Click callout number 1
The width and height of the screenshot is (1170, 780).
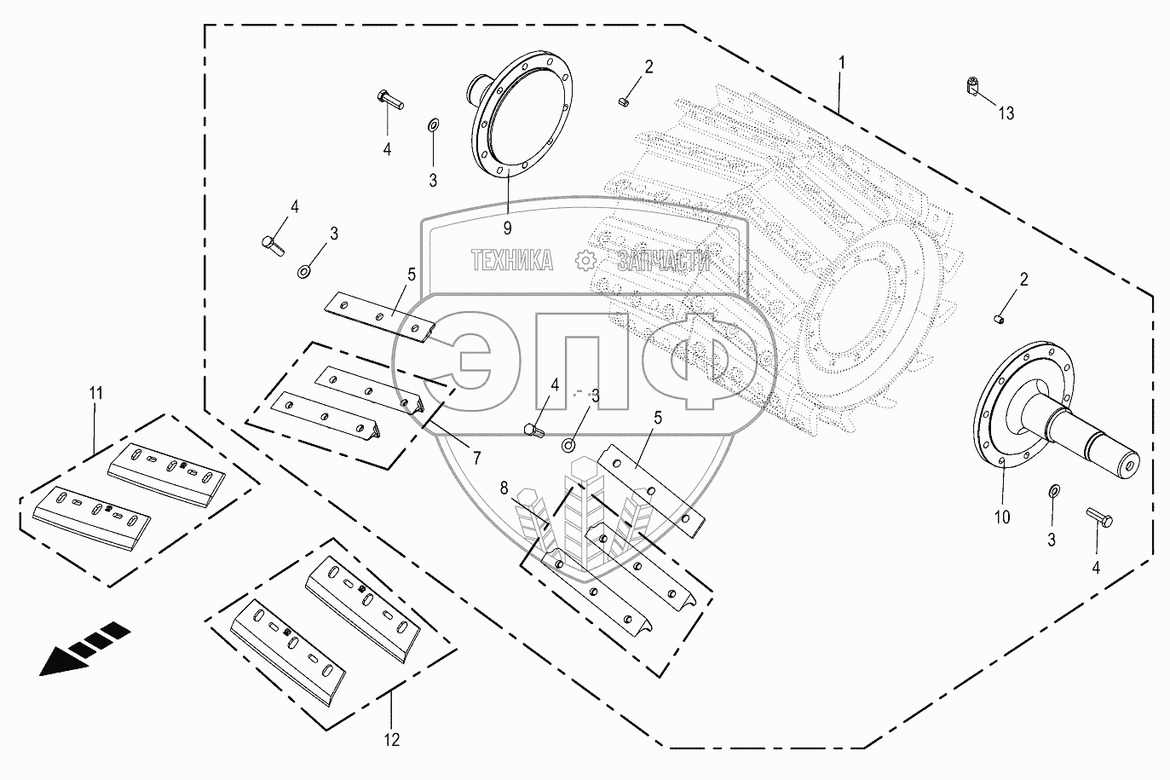842,62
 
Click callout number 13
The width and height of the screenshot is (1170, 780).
1006,113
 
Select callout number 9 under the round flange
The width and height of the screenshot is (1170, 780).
508,228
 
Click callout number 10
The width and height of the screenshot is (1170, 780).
1001,517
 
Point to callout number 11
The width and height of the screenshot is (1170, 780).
95,393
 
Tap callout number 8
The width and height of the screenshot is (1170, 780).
504,488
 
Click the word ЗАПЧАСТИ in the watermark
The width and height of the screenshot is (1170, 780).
663,261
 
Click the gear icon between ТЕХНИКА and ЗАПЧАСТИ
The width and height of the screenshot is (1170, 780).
585,260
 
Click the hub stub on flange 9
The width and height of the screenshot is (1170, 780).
477,87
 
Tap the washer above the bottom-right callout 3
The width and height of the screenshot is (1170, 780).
1053,492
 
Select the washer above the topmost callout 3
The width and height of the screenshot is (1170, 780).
433,126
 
